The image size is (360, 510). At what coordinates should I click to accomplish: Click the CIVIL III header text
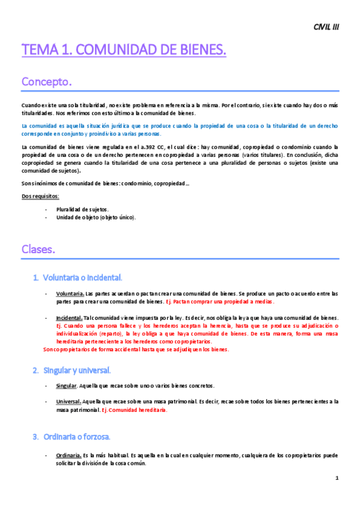click(x=326, y=27)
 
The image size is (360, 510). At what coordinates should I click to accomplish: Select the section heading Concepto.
click(x=47, y=81)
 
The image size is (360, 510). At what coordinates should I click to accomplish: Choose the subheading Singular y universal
click(x=76, y=369)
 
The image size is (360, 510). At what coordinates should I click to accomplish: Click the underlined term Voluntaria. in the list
click(x=69, y=293)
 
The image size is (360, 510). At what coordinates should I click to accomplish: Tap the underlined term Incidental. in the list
click(x=69, y=318)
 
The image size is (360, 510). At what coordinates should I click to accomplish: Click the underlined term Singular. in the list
click(x=67, y=386)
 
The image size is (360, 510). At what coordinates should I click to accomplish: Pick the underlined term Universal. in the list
click(x=68, y=401)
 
